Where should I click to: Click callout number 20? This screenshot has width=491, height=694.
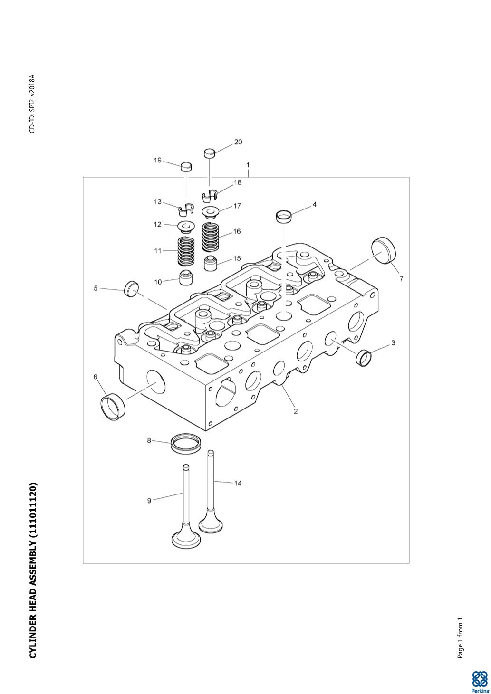pyautogui.click(x=238, y=142)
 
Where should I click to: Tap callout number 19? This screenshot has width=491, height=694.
pyautogui.click(x=158, y=160)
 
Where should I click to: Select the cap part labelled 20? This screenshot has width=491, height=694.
pyautogui.click(x=210, y=153)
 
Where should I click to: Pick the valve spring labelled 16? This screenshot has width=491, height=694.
pyautogui.click(x=212, y=237)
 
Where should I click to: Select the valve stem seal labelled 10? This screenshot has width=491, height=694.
pyautogui.click(x=186, y=277)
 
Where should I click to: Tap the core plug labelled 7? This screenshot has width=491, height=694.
pyautogui.click(x=384, y=251)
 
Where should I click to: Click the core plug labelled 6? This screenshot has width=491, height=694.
pyautogui.click(x=113, y=407)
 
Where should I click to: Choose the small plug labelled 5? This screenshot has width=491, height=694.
pyautogui.click(x=131, y=288)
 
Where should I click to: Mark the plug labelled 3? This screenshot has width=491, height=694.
pyautogui.click(x=364, y=357)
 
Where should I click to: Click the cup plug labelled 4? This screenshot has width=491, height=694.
pyautogui.click(x=284, y=216)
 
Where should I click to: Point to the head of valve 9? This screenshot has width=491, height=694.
pyautogui.click(x=185, y=540)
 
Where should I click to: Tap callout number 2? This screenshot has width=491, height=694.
pyautogui.click(x=296, y=411)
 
